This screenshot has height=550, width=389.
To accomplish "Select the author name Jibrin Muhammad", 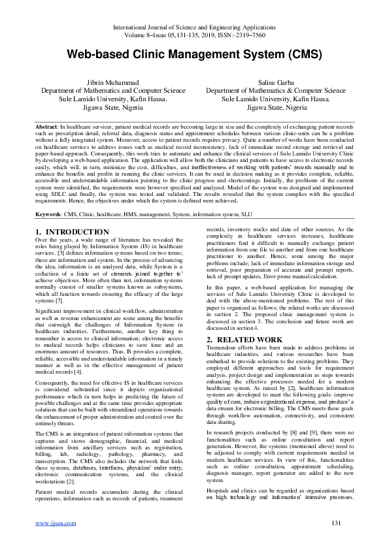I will tap(105, 82).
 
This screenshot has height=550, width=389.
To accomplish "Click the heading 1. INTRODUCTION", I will tap(72, 232).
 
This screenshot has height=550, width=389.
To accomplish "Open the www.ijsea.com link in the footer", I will tap(55, 541).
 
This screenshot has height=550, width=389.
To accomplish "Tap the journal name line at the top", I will tap(194, 27).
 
